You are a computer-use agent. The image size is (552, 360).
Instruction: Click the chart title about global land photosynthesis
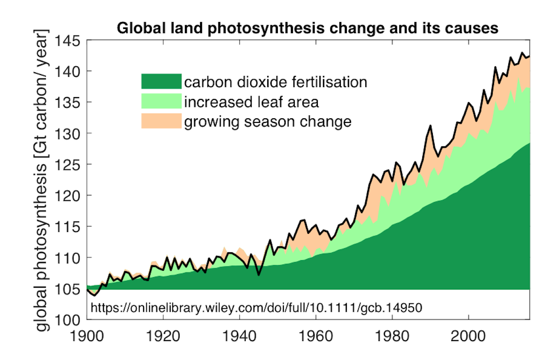pos(308,28)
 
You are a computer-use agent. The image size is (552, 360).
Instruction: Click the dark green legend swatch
pos(161,81)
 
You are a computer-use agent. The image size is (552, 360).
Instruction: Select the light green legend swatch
pos(161,101)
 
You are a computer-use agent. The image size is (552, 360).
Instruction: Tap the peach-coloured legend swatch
pos(161,121)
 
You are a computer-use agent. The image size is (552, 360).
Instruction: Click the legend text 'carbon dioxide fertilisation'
pos(276,82)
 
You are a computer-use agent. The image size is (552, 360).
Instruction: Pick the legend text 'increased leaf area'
pos(251,102)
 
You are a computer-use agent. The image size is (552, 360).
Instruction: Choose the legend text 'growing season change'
pos(268,122)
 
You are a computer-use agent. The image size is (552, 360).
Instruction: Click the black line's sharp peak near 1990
pos(430,125)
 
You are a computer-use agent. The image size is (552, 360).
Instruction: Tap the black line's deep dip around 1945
pos(259,275)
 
